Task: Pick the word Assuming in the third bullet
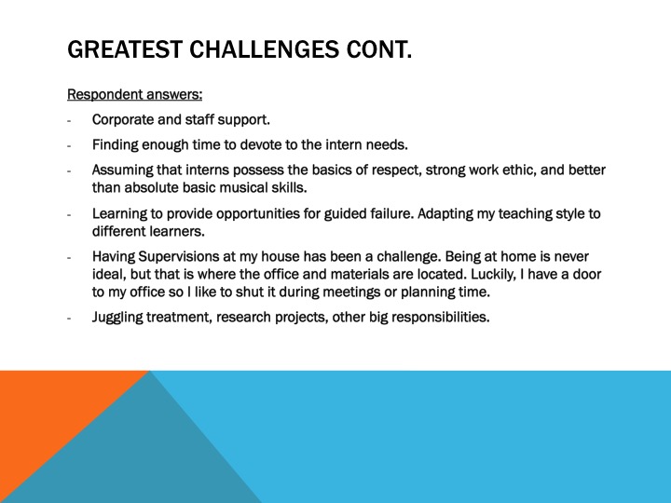(122, 170)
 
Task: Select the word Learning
(120, 213)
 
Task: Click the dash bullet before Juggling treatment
(69, 318)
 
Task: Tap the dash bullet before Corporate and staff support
(69, 120)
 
